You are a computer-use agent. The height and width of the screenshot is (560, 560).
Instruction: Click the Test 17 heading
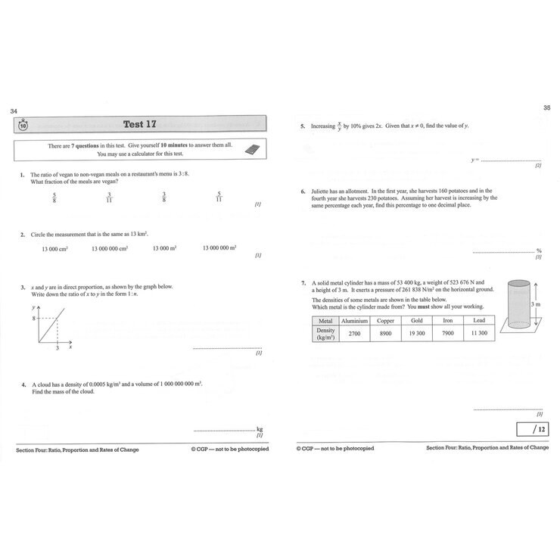pyautogui.click(x=139, y=124)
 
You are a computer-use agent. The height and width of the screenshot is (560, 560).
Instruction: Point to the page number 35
pyautogui.click(x=546, y=107)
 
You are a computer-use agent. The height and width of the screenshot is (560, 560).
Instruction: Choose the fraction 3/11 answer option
pyautogui.click(x=110, y=198)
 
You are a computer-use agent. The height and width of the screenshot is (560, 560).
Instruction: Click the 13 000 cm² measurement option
pyautogui.click(x=56, y=247)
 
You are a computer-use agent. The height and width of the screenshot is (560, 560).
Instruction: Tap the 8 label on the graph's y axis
pyautogui.click(x=33, y=319)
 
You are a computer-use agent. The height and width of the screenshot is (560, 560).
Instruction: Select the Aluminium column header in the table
pyautogui.click(x=354, y=321)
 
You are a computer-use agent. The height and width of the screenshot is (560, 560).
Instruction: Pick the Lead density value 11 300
pyautogui.click(x=479, y=333)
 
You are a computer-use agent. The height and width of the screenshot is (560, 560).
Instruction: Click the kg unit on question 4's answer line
pyautogui.click(x=260, y=428)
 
